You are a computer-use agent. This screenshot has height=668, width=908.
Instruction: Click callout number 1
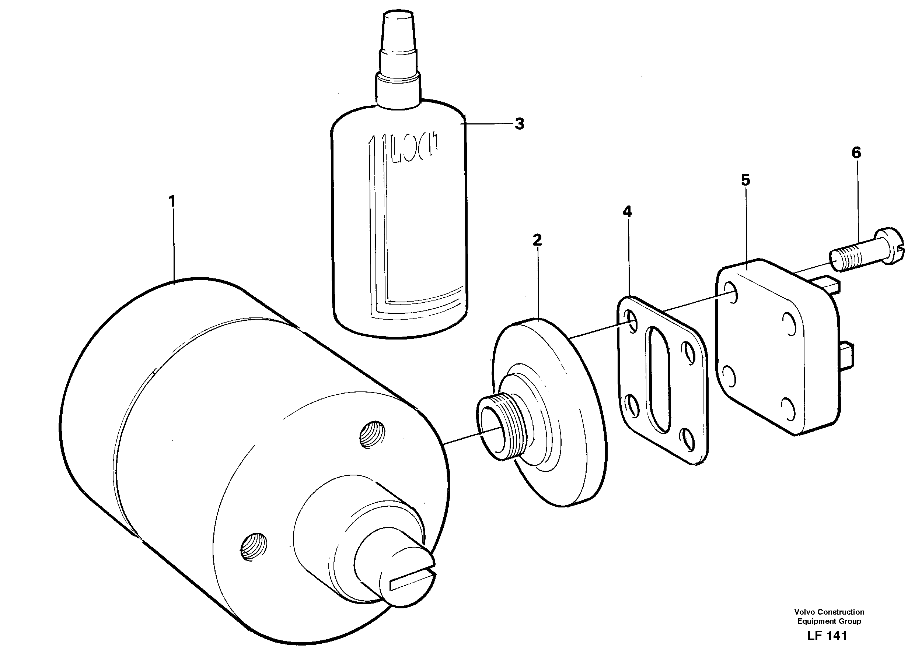[172, 201]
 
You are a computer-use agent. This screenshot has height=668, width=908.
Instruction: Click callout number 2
[537, 240]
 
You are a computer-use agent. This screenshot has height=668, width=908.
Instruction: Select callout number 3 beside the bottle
[519, 124]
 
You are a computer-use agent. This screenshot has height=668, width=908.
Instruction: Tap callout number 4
[627, 211]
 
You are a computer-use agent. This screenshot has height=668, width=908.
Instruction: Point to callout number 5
[745, 180]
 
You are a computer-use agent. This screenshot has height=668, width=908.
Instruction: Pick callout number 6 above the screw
[856, 153]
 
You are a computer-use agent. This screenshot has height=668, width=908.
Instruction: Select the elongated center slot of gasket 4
[660, 380]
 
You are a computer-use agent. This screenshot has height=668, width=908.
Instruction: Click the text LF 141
[827, 636]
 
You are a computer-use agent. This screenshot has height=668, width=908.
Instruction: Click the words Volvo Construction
[829, 612]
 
